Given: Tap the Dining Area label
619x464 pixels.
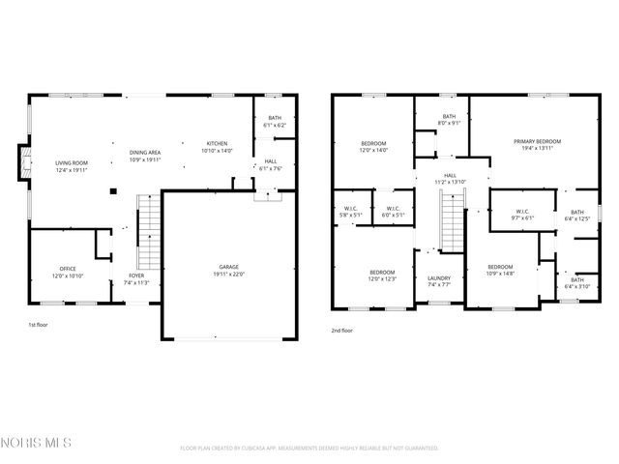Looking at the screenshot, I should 147,152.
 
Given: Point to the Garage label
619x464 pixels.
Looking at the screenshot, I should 228,268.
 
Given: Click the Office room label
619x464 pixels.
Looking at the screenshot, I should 68,269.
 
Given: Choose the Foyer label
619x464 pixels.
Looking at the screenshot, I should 136,275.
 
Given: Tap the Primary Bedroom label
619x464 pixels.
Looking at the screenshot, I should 537,142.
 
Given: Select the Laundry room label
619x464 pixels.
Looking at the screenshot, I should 439,279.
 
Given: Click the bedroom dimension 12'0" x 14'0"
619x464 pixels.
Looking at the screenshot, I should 373,151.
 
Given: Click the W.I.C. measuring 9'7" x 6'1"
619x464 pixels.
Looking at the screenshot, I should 522,217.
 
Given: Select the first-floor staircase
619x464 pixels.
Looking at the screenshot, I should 147,232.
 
